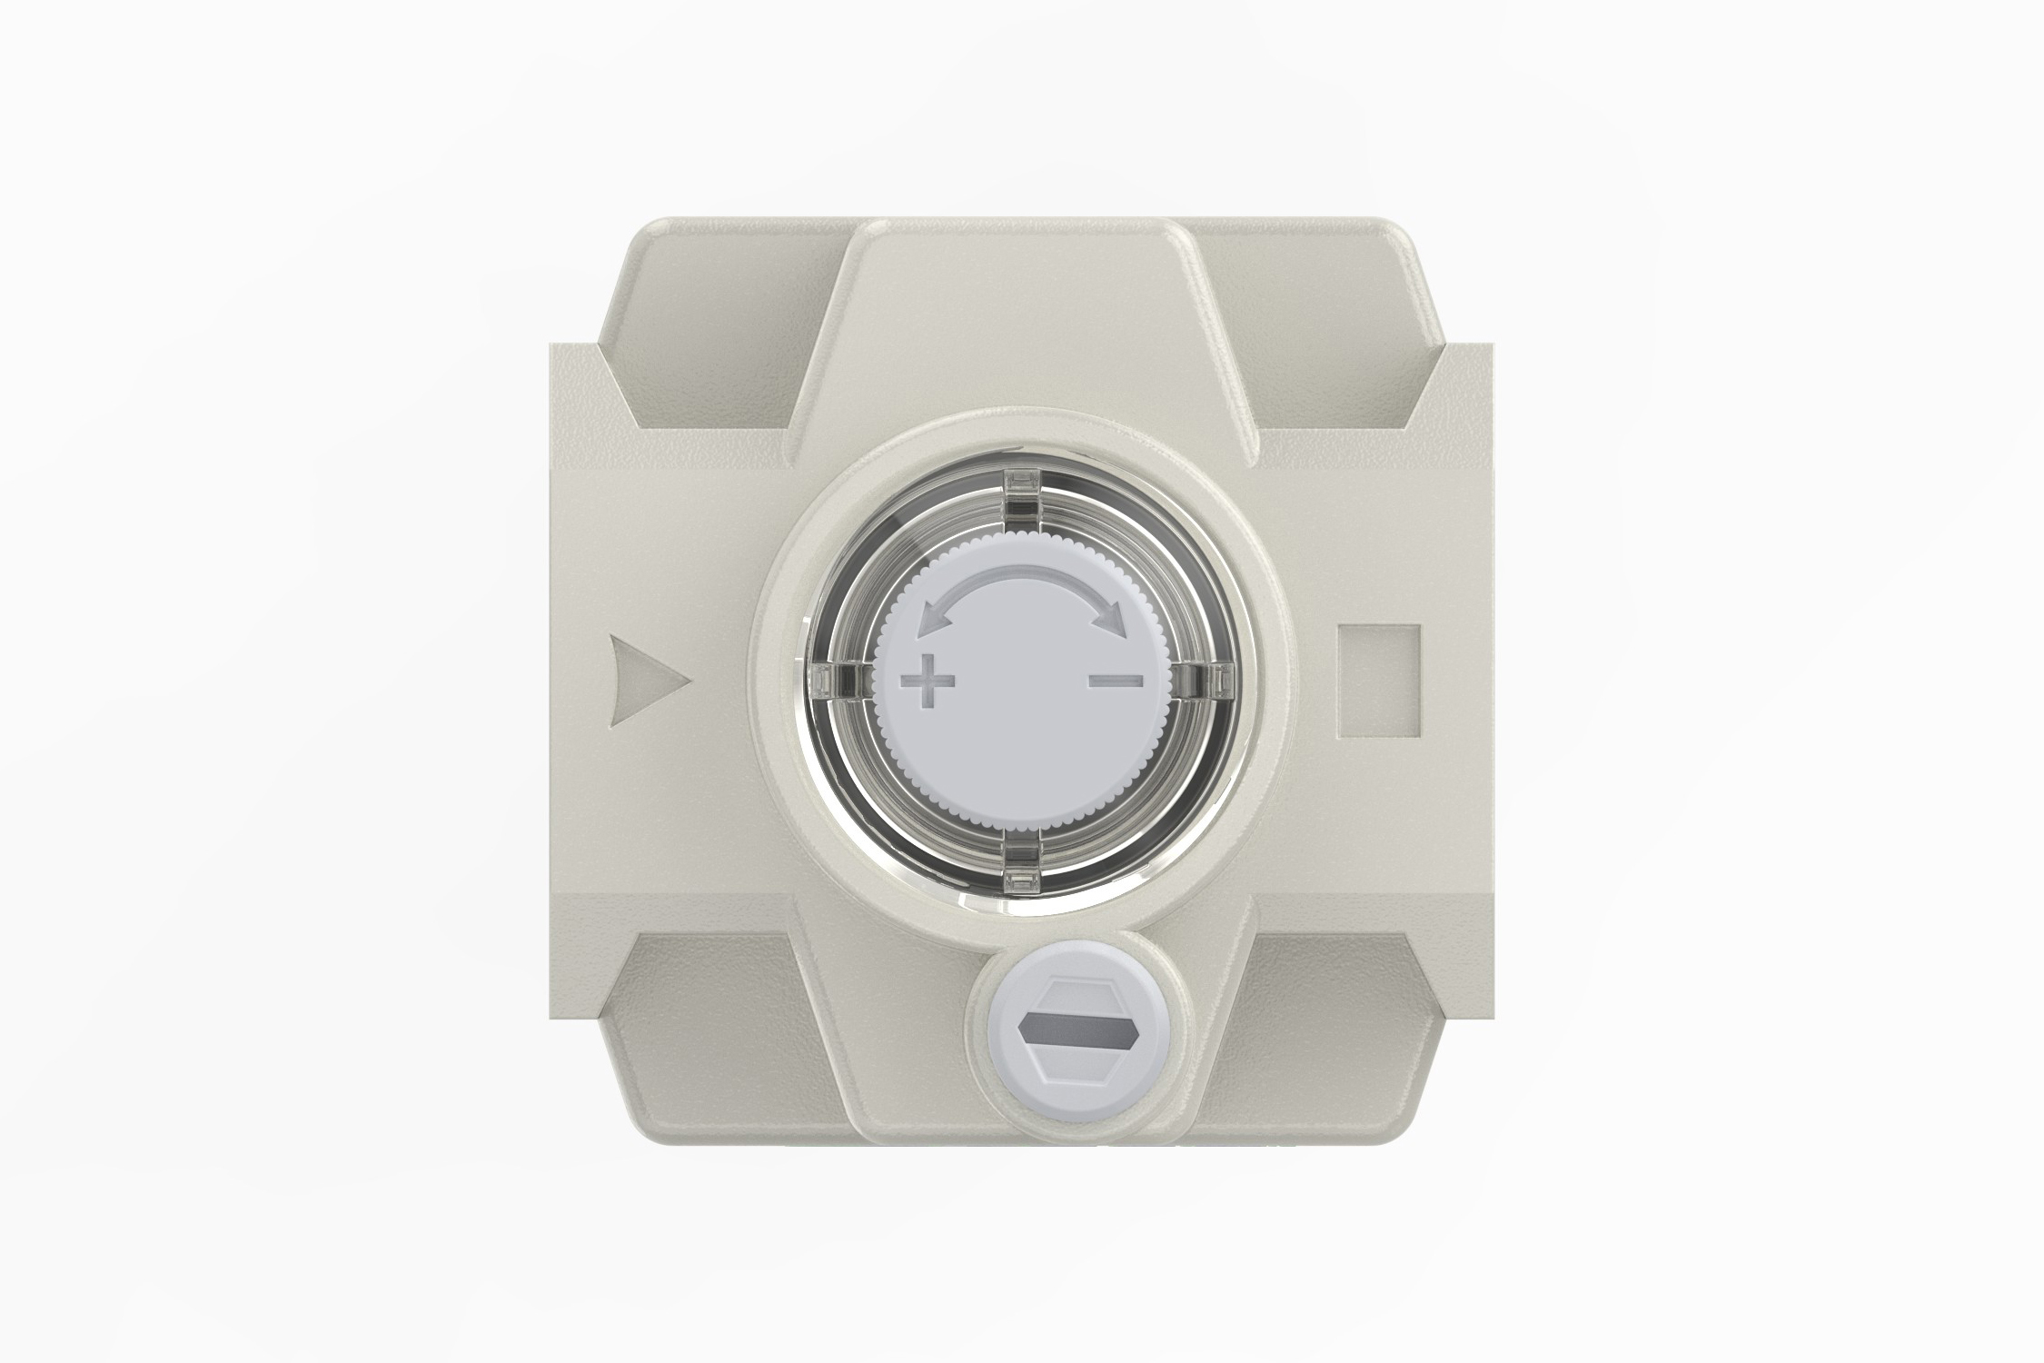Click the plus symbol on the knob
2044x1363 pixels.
point(928,681)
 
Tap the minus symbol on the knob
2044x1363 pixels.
point(1116,680)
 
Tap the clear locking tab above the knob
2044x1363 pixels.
point(1022,495)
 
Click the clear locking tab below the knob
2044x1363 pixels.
point(1022,868)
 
